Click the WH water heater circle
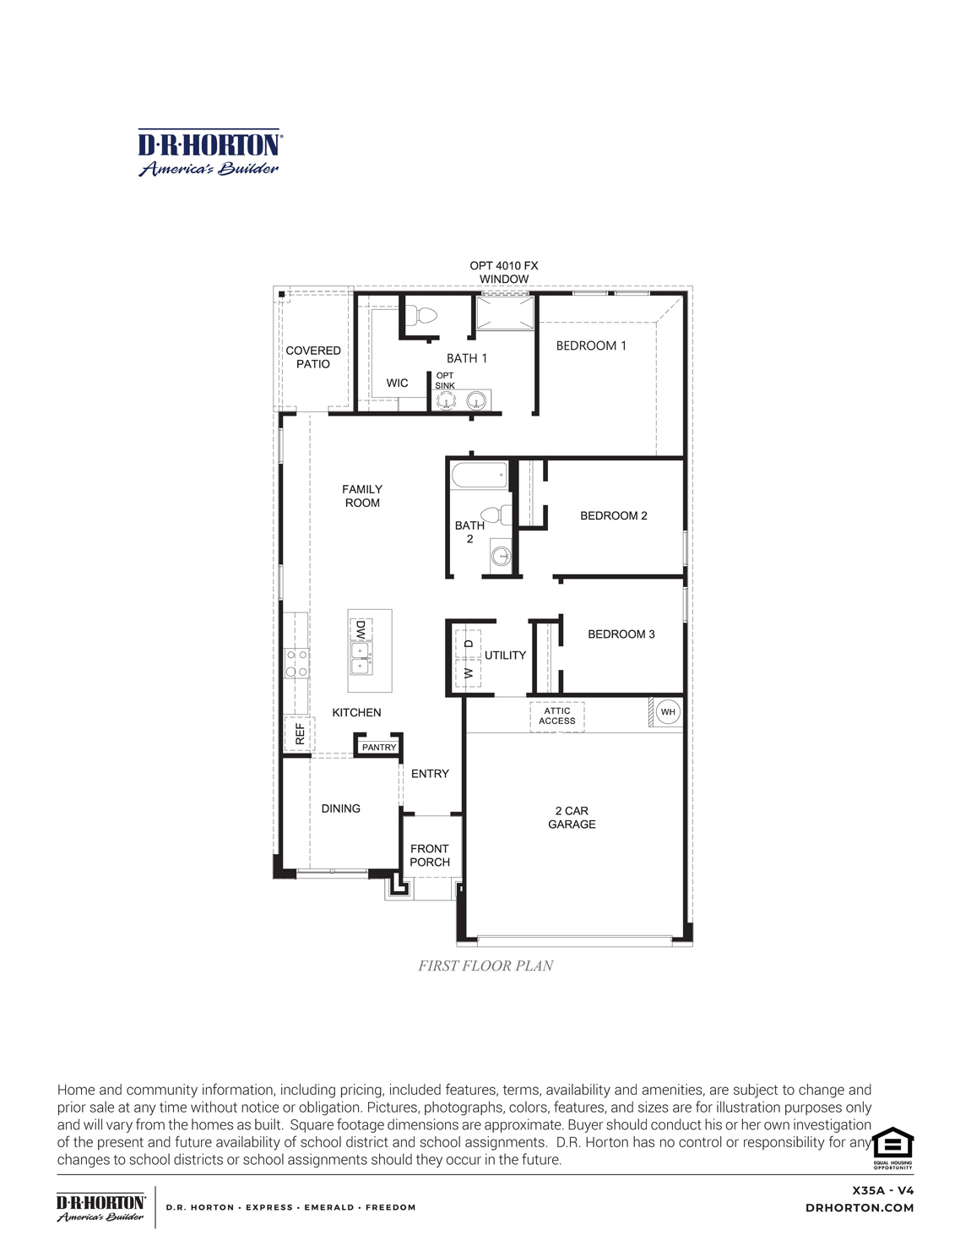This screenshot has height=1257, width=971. [668, 712]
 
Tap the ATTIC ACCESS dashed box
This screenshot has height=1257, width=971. [557, 716]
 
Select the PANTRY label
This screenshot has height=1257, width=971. [379, 748]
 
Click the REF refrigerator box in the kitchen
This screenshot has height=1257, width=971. [298, 733]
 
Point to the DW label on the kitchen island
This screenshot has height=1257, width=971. [361, 630]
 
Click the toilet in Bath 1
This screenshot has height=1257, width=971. [421, 317]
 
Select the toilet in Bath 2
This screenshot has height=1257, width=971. [496, 514]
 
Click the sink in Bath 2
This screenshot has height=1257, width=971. [501, 555]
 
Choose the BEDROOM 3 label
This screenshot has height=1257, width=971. [621, 634]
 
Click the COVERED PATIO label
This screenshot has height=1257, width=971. [313, 357]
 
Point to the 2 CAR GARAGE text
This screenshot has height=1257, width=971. [572, 818]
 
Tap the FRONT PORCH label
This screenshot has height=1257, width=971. [430, 856]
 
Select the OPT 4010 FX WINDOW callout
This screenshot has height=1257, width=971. [504, 272]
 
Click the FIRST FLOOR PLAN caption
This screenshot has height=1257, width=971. [486, 966]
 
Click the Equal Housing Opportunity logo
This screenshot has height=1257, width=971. [893, 1146]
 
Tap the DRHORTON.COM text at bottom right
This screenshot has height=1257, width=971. [860, 1208]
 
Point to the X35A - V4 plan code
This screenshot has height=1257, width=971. [883, 1190]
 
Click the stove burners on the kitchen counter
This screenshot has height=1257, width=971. [296, 663]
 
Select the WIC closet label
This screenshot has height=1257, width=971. [397, 384]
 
